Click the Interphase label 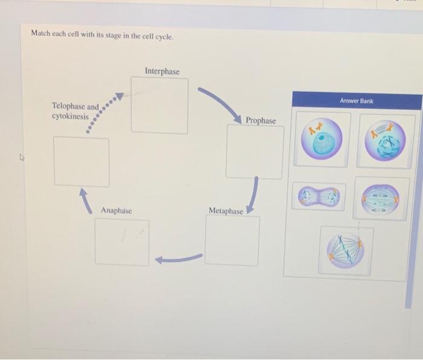(x=162, y=72)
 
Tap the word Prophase (x=260, y=121)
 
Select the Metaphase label (x=225, y=211)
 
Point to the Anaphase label (x=116, y=210)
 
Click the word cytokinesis (x=70, y=116)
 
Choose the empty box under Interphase (x=160, y=106)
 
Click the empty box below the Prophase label (x=254, y=152)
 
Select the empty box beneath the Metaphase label (x=232, y=240)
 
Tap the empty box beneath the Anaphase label (x=121, y=242)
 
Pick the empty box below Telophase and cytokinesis (x=82, y=161)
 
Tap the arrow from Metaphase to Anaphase (x=178, y=259)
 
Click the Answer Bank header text (x=356, y=101)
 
